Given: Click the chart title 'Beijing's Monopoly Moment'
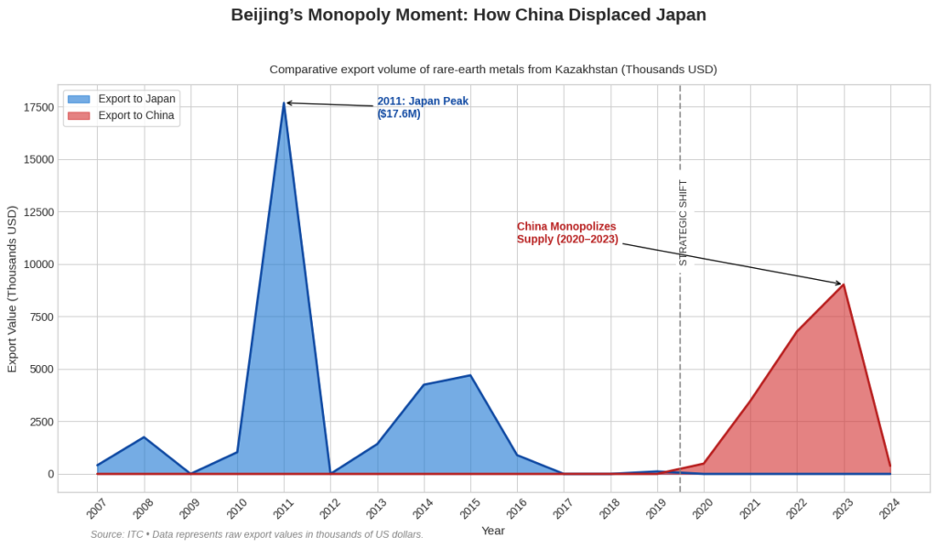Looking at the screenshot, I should click(468, 16).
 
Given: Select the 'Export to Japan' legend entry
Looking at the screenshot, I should click(136, 99).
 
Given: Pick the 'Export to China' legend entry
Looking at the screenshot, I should click(135, 115).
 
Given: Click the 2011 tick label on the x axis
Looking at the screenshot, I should click(284, 509).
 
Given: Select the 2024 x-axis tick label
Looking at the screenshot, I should click(889, 509).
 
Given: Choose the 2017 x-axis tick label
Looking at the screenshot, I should click(564, 509).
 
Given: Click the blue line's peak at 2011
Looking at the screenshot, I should click(284, 103).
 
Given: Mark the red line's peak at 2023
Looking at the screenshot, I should click(843, 285).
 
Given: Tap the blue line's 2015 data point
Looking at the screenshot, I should click(470, 375).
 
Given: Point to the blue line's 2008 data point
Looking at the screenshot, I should click(144, 437).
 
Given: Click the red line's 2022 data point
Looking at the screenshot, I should click(796, 332).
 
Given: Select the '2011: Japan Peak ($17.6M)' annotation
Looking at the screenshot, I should click(422, 108).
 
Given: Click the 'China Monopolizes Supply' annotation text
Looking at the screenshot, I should click(567, 233).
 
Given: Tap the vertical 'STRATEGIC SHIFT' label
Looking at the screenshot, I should click(683, 222).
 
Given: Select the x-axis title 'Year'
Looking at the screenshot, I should click(493, 531).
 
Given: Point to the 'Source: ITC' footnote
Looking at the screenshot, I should click(256, 534).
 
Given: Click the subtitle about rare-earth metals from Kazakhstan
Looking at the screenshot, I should click(493, 70).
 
